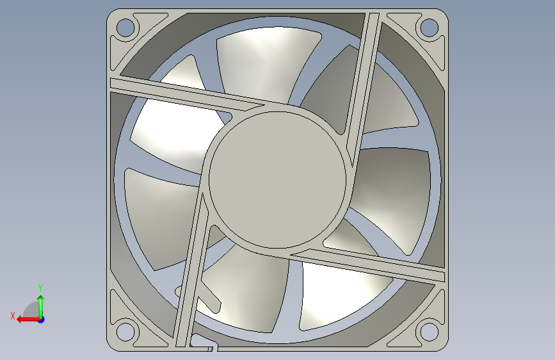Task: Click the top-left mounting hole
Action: pyautogui.click(x=125, y=28)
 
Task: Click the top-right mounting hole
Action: pyautogui.click(x=429, y=28)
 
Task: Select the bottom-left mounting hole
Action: pyautogui.click(x=125, y=332)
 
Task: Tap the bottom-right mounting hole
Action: pyautogui.click(x=429, y=332)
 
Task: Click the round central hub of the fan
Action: pyautogui.click(x=278, y=179)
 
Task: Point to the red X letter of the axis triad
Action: pyautogui.click(x=13, y=316)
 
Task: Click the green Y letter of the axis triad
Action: pyautogui.click(x=40, y=288)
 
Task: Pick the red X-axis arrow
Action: pyautogui.click(x=28, y=320)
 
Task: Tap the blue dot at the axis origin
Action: pyautogui.click(x=42, y=320)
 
